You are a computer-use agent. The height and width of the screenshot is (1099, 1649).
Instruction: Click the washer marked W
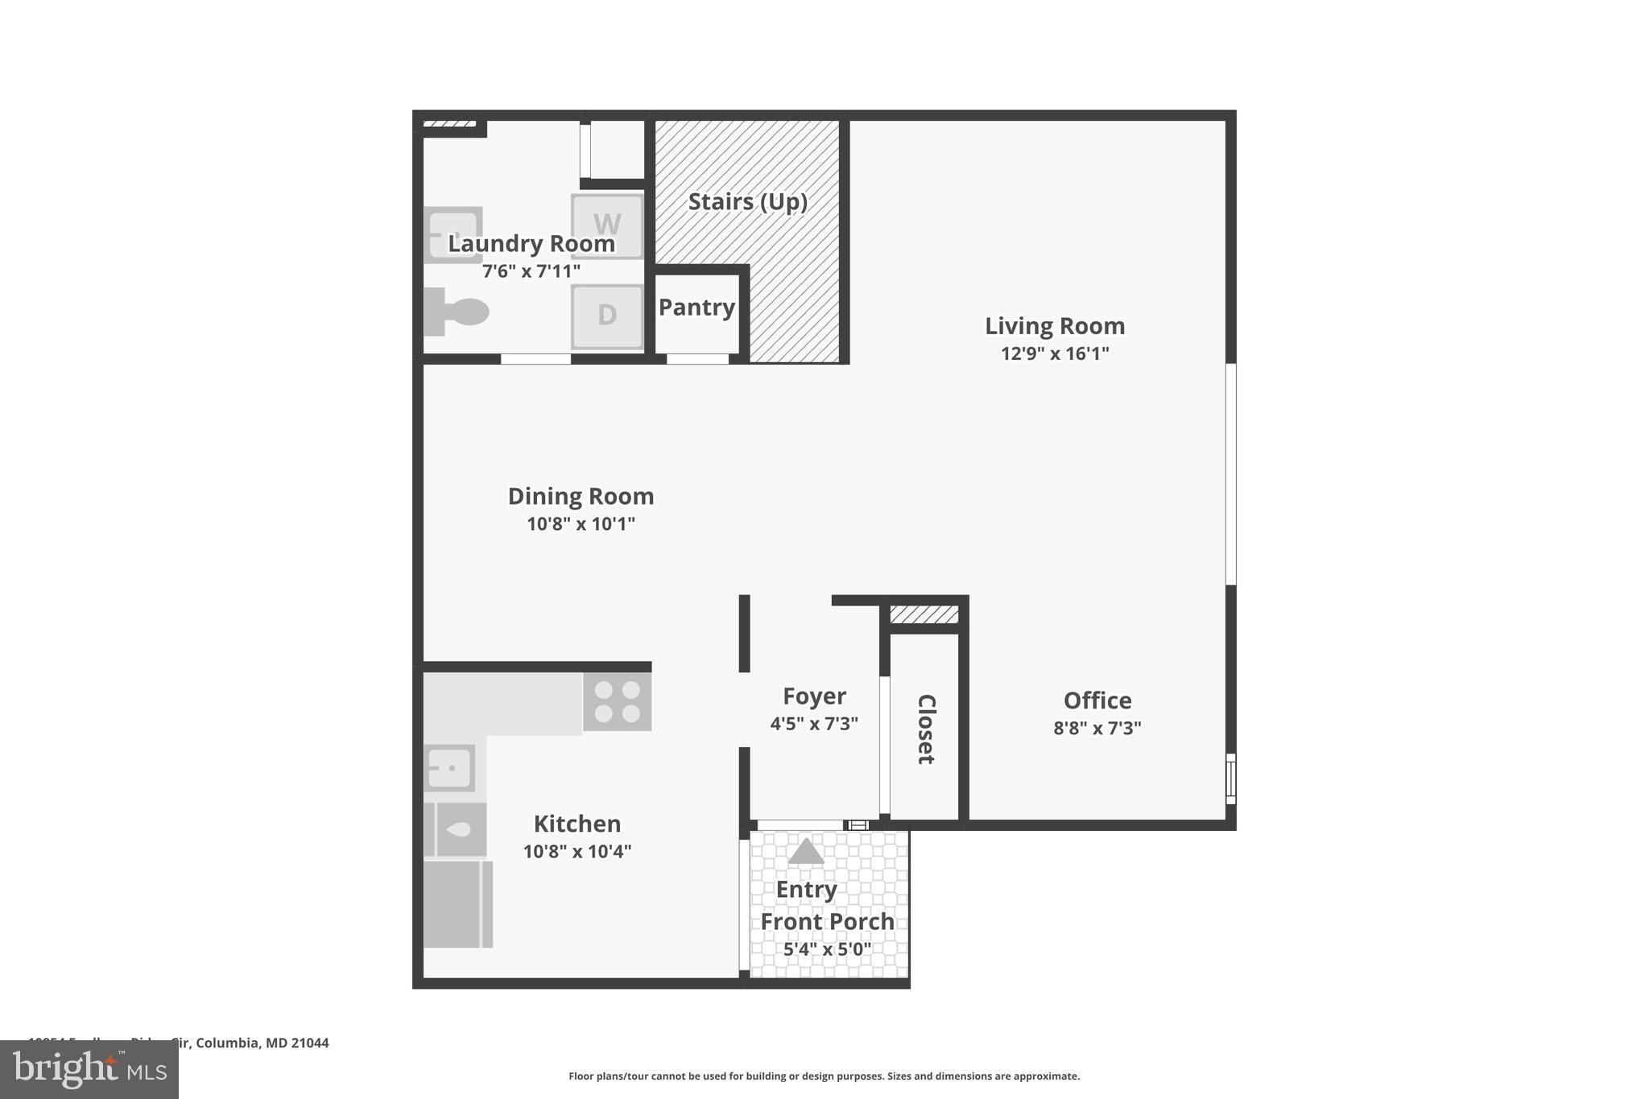(607, 225)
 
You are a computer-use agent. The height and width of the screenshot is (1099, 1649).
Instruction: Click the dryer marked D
(607, 316)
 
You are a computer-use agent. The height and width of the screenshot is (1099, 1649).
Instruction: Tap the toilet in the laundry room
(457, 312)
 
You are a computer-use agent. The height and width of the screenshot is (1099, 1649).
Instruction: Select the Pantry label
(696, 308)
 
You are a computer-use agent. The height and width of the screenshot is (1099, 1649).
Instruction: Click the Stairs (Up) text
(747, 201)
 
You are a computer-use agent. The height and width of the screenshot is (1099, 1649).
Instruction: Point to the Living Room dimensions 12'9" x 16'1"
(1055, 353)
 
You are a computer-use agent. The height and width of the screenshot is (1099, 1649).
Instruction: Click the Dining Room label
(581, 496)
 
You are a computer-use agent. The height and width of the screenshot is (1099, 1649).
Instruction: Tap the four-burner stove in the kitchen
(617, 701)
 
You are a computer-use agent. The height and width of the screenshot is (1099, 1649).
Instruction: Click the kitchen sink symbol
(449, 768)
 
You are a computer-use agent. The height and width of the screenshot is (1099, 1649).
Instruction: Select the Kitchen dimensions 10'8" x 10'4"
(577, 851)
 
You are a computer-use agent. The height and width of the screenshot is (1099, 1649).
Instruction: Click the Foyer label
(814, 696)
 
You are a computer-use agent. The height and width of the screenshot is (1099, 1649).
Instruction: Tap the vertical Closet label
(926, 729)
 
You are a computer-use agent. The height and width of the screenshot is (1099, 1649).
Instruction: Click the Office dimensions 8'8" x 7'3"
(1097, 728)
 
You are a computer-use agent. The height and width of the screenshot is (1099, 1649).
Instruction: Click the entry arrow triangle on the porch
(806, 852)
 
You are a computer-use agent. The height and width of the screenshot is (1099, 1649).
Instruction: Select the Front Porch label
(827, 921)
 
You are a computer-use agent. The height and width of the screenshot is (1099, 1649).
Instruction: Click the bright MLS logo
(89, 1070)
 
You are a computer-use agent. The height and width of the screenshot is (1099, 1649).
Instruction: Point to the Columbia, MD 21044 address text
(262, 1043)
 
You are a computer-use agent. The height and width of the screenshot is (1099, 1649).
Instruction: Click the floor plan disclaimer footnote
(824, 1076)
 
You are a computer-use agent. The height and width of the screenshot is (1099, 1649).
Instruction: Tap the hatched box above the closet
(924, 615)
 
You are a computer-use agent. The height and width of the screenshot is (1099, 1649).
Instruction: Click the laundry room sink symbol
(453, 234)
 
